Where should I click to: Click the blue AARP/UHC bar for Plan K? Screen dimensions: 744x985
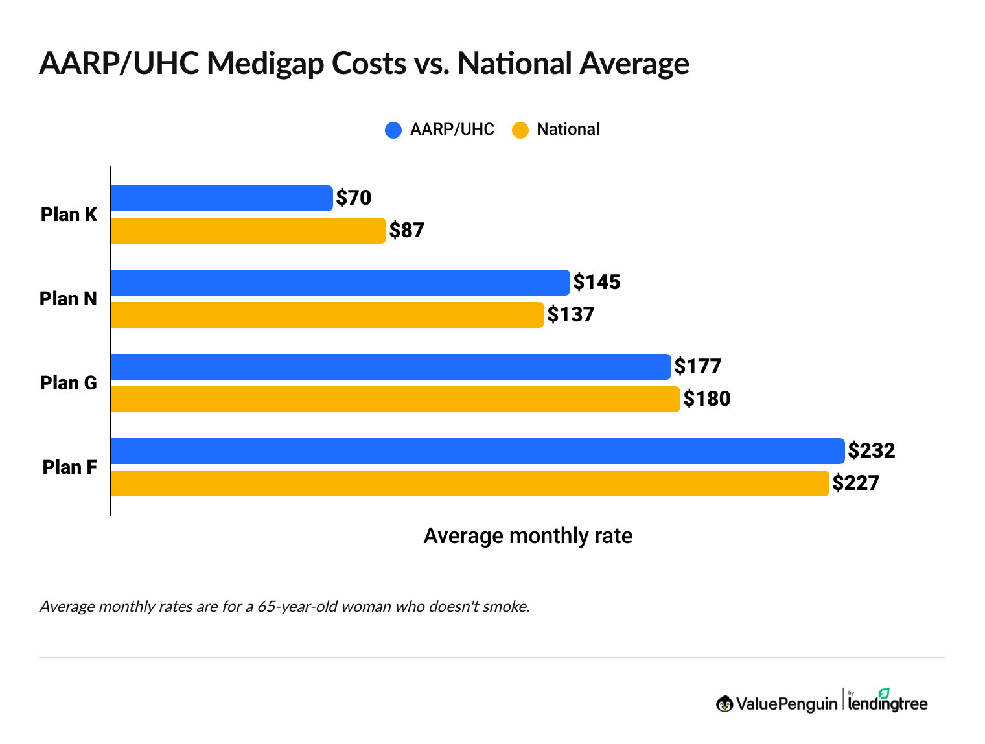pos(222,198)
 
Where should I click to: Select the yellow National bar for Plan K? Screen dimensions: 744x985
pos(248,231)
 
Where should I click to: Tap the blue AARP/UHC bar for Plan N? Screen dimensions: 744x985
pos(340,283)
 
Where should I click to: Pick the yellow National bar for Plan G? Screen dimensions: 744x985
pos(395,399)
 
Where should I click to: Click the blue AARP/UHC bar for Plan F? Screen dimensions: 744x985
pos(478,451)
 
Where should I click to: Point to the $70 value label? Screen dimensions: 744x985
pos(354,198)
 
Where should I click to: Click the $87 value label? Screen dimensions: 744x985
pos(406,230)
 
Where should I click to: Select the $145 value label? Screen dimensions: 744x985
pos(597,282)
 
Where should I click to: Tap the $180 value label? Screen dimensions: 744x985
pos(707,399)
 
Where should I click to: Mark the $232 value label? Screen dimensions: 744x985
pos(872,450)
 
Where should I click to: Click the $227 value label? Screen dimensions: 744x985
pos(856,483)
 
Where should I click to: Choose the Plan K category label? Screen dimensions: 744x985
pos(69,215)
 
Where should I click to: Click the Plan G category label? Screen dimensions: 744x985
pos(68,383)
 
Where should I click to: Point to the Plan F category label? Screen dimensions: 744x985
pos(69,467)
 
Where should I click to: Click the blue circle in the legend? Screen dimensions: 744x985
pos(393,130)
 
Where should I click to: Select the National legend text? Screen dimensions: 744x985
pos(568,130)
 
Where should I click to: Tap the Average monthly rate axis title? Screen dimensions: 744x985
pos(527,536)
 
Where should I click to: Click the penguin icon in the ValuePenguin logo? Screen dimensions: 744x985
pos(724,703)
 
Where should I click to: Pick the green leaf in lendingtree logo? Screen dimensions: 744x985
pos(884,693)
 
